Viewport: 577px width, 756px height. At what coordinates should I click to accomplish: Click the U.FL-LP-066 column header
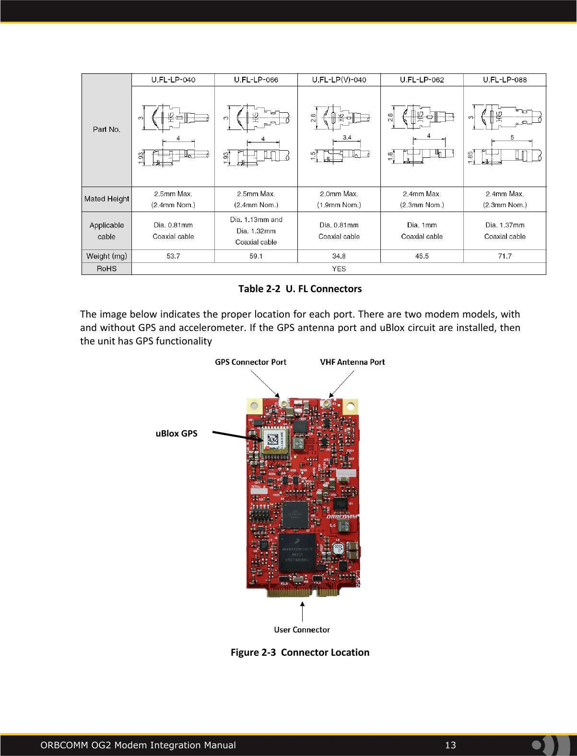click(x=256, y=80)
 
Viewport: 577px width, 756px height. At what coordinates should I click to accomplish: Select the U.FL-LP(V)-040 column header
click(x=339, y=80)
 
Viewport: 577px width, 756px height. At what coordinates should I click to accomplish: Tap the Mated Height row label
click(x=106, y=199)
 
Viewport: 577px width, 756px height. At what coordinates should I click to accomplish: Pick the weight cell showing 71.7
click(x=505, y=256)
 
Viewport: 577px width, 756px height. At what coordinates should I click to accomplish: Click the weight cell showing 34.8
click(x=339, y=256)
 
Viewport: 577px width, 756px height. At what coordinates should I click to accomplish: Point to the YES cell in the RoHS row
click(x=339, y=269)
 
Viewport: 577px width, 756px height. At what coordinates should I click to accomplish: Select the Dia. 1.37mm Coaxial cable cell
click(x=505, y=231)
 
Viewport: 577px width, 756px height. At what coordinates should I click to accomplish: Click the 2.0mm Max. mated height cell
click(x=339, y=199)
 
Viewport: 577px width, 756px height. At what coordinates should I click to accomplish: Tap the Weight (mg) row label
click(x=106, y=256)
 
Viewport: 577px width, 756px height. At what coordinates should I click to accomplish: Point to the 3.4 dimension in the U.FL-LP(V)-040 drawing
click(x=347, y=138)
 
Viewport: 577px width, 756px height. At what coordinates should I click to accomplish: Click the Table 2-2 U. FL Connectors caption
click(x=300, y=289)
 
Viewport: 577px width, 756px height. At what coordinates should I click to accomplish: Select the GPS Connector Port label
click(x=250, y=362)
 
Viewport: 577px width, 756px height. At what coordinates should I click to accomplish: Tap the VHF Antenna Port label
click(x=352, y=362)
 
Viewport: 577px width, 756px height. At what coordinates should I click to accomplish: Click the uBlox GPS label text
click(x=177, y=434)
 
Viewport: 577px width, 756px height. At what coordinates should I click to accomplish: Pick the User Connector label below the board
click(x=302, y=630)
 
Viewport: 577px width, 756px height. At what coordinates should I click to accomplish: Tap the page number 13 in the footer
click(x=450, y=745)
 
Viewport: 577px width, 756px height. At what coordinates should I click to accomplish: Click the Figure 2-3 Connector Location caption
click(x=300, y=652)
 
